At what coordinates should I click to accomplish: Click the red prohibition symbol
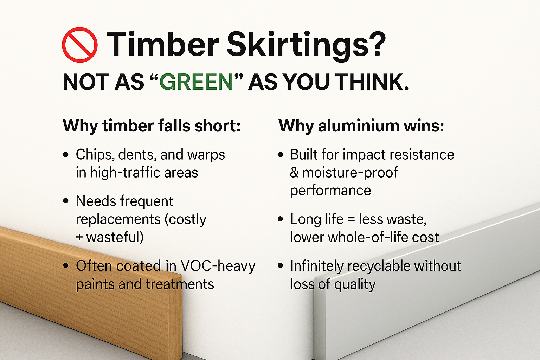point(80,45)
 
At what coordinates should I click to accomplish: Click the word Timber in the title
point(162,45)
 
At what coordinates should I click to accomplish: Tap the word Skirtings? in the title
point(306,45)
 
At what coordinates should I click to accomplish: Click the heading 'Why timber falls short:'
point(152,126)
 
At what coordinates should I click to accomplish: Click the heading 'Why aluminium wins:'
point(361,126)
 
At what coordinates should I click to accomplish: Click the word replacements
point(118,219)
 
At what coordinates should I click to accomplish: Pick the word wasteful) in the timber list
point(115,237)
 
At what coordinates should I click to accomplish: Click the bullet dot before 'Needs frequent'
point(66,201)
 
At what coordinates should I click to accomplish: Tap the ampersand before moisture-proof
point(294,173)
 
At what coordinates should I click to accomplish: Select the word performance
point(330,191)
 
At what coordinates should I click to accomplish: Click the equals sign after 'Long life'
point(351,220)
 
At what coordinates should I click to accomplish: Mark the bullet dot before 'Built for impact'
point(280,155)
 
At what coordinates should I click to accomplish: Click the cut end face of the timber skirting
point(175,316)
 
